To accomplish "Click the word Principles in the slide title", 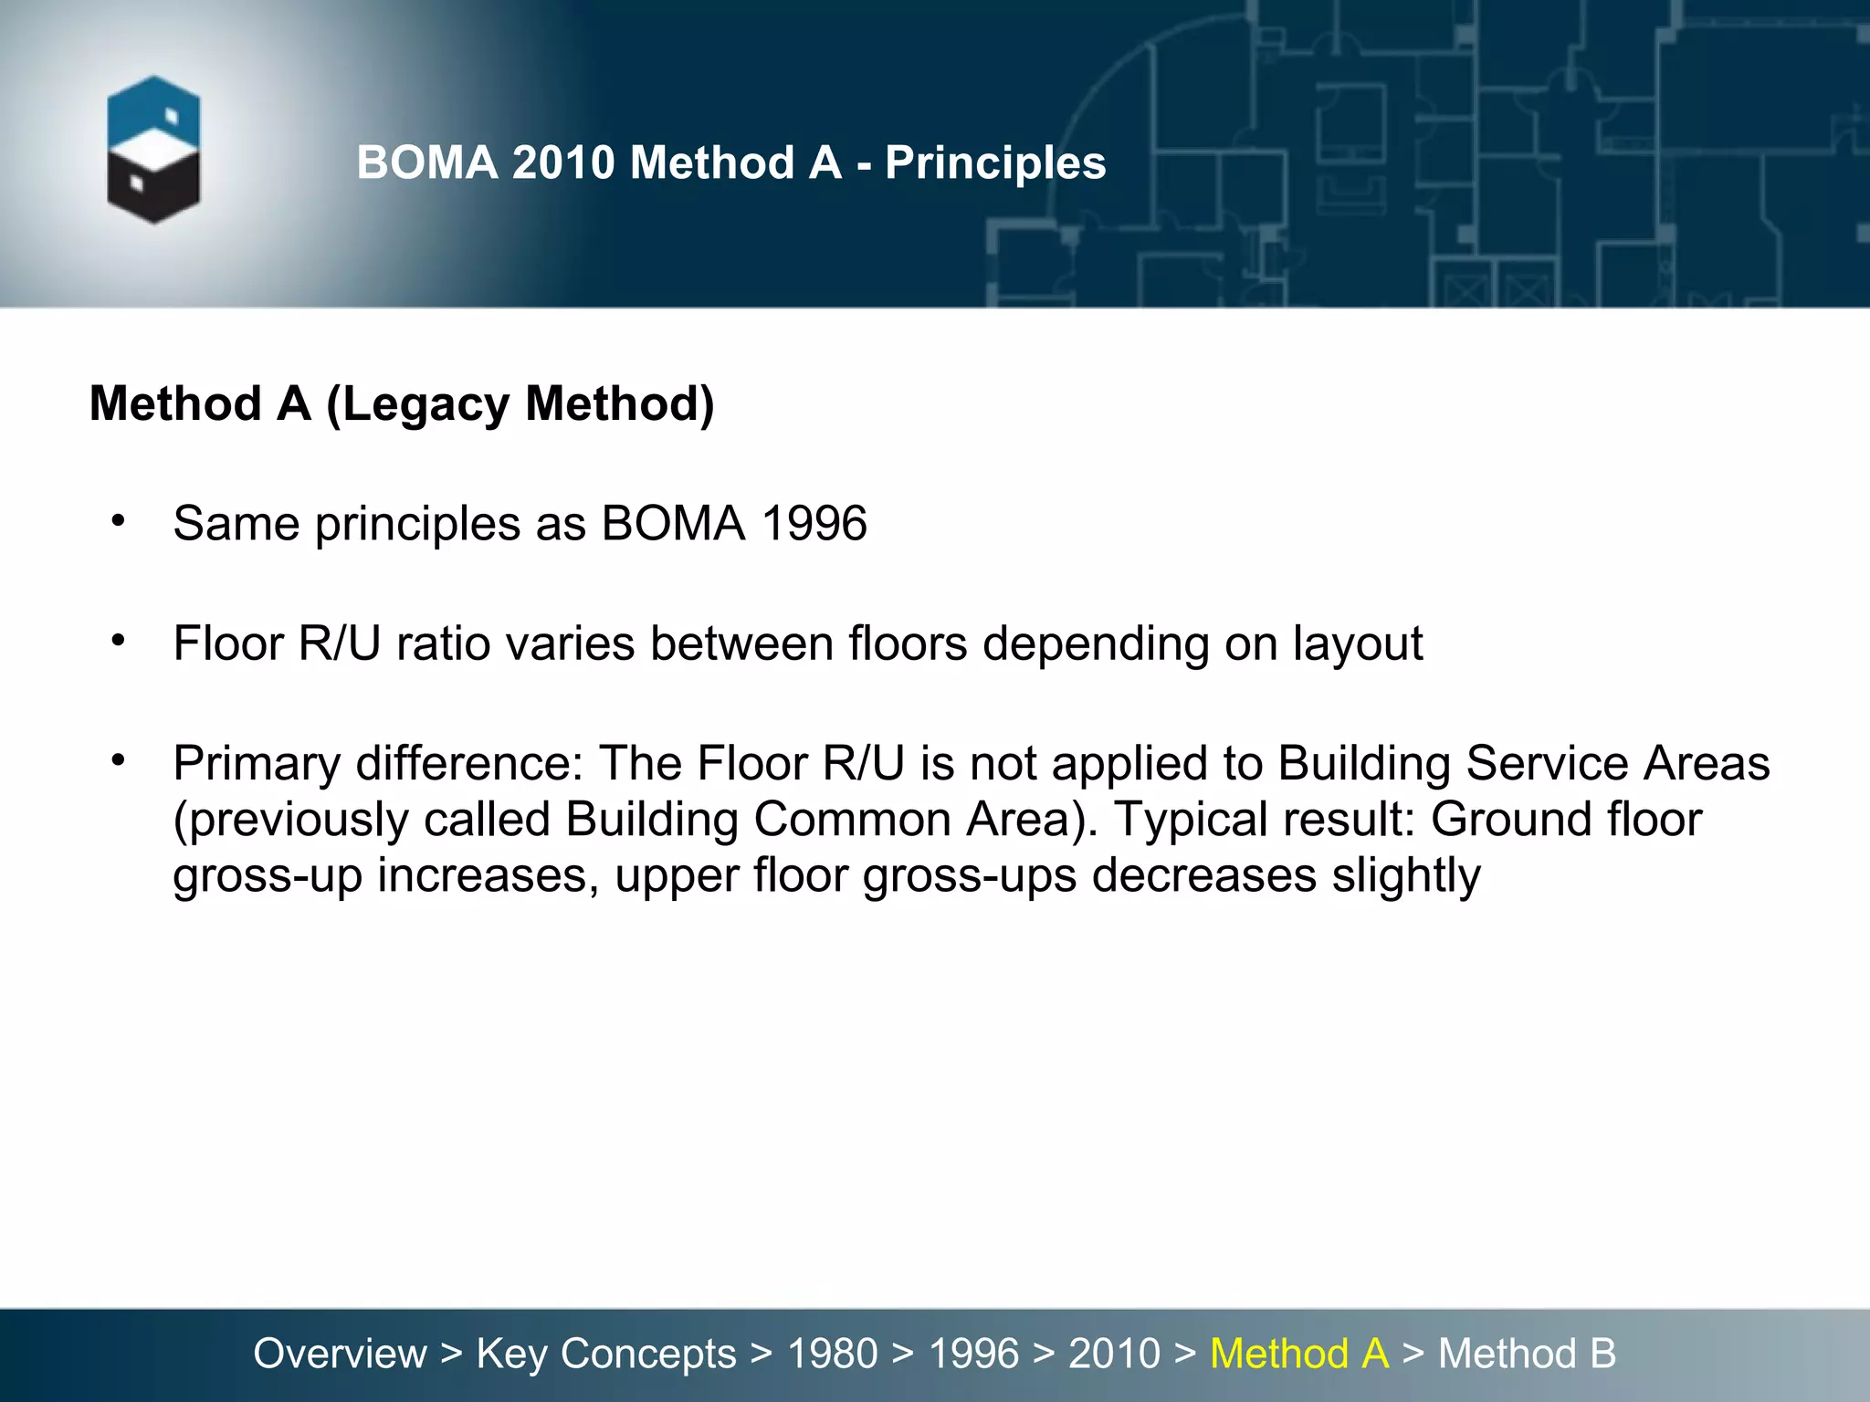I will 995,163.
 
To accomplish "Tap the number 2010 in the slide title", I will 563,163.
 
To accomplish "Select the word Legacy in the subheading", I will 425,404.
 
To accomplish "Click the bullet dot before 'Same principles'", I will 118,521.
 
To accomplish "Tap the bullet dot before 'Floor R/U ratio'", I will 118,641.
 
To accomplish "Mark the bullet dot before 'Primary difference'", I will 118,760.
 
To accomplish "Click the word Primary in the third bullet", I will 257,764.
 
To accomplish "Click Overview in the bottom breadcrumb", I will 340,1354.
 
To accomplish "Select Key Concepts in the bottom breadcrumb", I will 606,1354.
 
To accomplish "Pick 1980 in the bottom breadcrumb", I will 833,1354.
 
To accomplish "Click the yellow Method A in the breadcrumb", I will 1298,1354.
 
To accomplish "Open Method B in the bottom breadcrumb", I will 1527,1354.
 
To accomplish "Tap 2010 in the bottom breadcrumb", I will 1114,1354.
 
